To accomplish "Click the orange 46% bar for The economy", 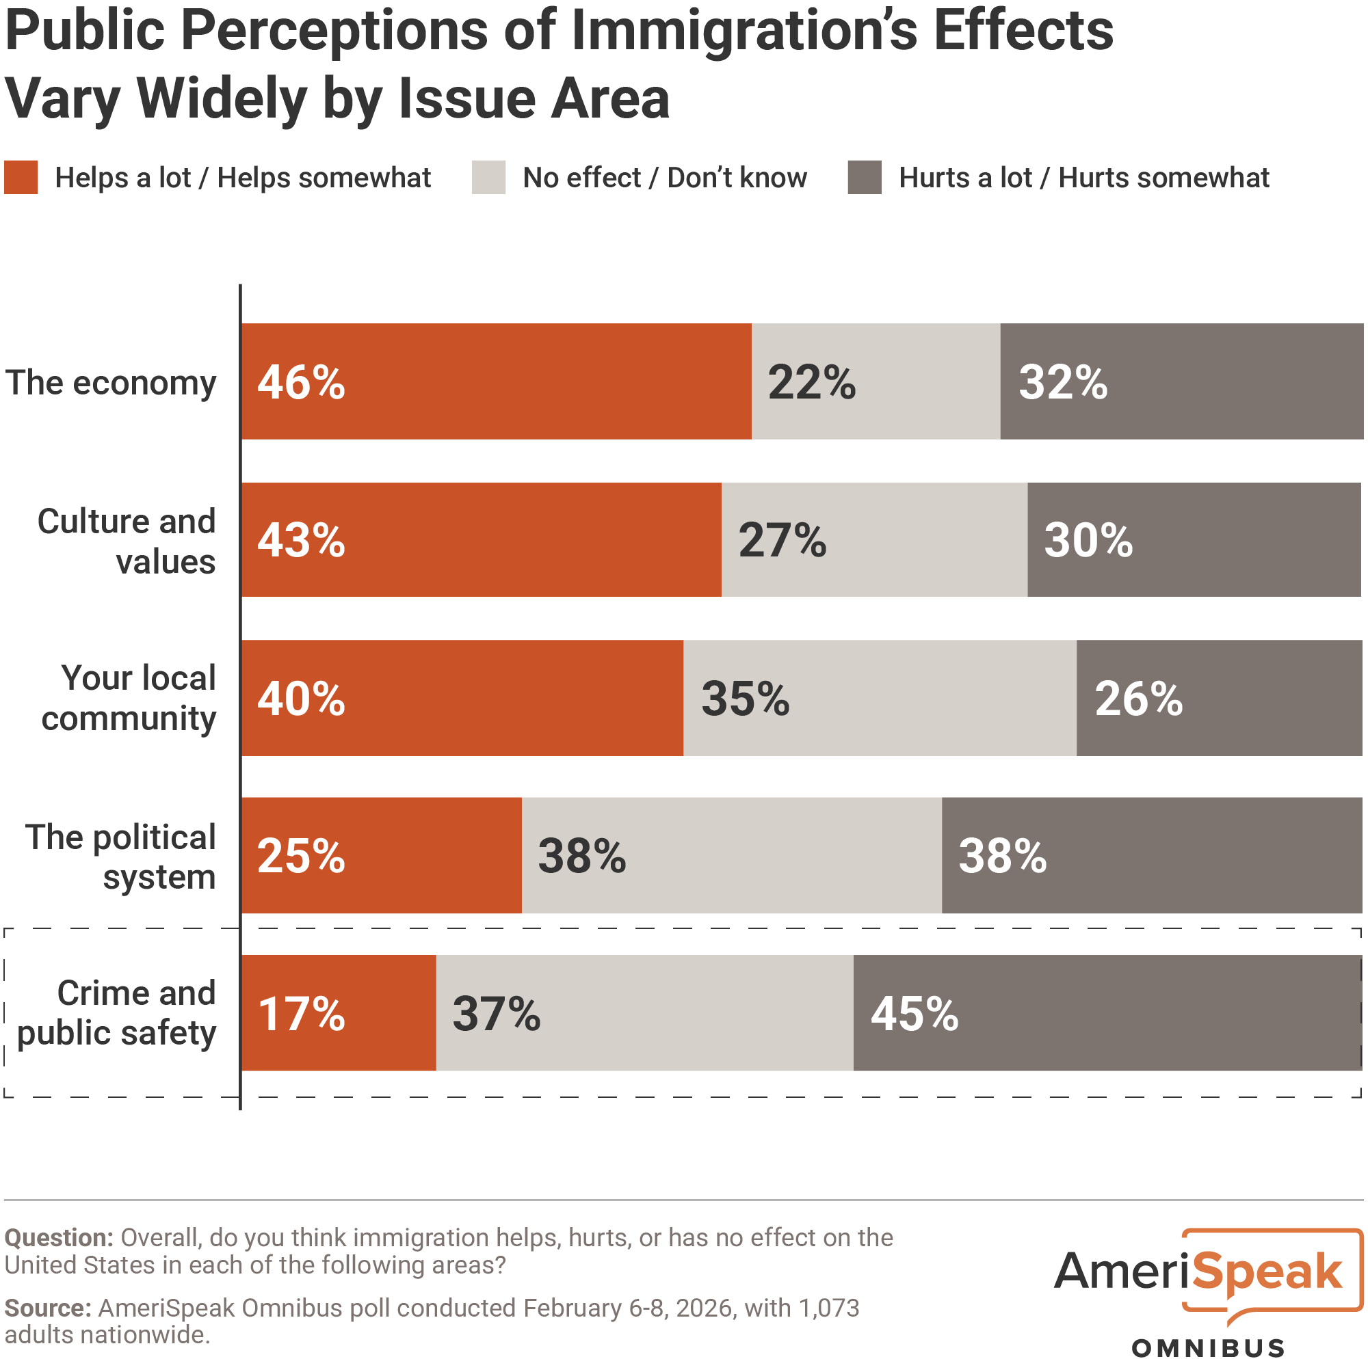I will click(496, 381).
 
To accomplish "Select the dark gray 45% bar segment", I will click(1107, 1013).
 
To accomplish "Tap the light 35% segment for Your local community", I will click(880, 698).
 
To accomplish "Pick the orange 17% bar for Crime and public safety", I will click(339, 1013).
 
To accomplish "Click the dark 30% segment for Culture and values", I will click(1194, 540).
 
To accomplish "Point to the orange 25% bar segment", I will click(381, 855).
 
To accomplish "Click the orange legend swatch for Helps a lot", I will click(21, 178).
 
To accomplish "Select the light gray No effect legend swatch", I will click(488, 178).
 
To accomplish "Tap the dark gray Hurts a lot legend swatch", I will click(865, 178).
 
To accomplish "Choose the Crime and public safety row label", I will click(117, 1013).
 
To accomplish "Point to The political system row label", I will click(120, 857).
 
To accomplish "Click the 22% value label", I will click(811, 383).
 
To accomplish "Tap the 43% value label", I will click(301, 541).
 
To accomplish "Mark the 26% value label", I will click(1139, 699).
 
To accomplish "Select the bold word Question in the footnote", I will click(59, 1238).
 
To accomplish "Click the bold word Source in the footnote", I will click(47, 1308).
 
